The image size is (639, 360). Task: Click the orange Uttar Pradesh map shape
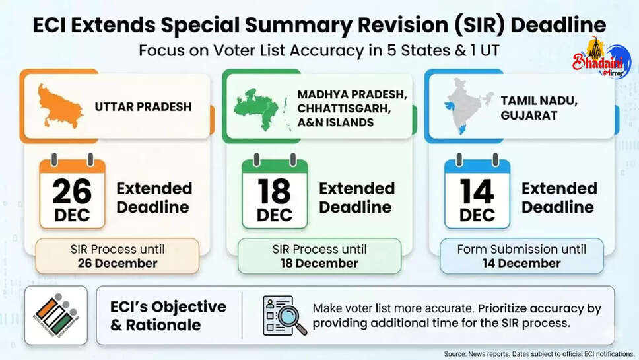59,106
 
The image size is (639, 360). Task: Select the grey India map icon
467,106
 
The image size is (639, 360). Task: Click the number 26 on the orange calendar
72,191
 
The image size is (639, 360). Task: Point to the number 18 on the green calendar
274,191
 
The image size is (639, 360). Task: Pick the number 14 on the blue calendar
477,191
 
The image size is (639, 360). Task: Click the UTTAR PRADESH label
143,107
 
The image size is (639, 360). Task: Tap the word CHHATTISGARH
344,108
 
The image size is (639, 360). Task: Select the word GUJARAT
529,116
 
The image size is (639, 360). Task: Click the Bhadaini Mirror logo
601,58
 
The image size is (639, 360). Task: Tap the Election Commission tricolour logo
56,315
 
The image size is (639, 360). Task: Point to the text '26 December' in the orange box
118,264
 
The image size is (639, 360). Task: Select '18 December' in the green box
319,264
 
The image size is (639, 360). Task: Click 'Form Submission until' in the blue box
521,249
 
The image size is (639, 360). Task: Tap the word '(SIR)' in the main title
479,25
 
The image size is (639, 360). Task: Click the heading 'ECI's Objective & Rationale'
168,316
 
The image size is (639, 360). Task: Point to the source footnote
539,354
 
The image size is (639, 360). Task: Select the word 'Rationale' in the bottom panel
164,325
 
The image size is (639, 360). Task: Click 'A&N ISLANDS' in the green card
335,122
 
